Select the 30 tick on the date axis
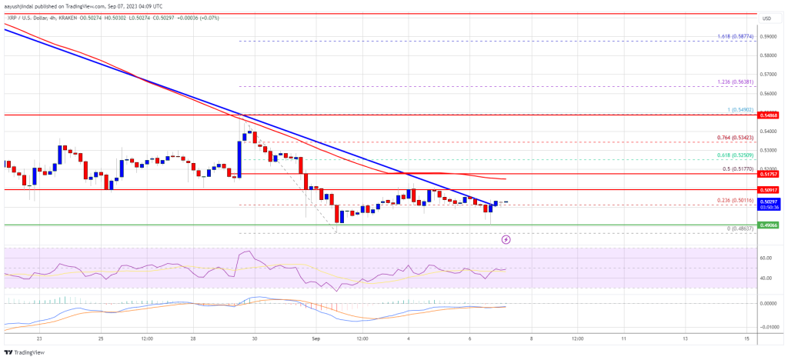click(255, 338)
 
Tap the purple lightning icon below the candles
click(506, 239)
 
